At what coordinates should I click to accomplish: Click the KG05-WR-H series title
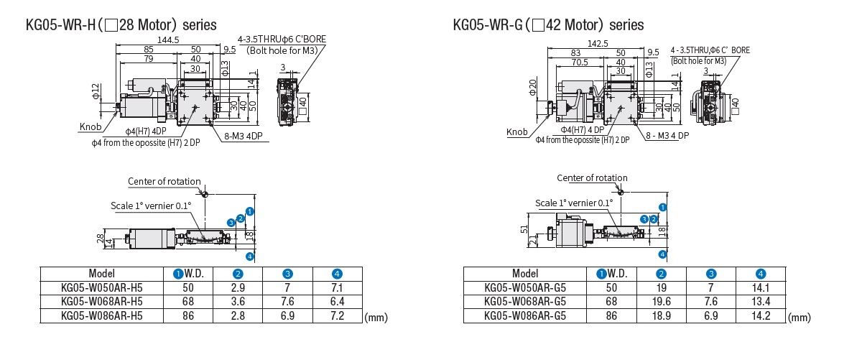121,25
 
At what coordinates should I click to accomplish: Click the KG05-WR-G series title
548,25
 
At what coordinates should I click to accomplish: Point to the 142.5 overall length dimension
595,43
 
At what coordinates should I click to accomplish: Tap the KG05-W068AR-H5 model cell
102,301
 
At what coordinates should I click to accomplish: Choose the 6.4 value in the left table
337,301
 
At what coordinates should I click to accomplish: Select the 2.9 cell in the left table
238,287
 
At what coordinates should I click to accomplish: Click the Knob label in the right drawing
516,132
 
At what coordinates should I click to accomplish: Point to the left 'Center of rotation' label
164,181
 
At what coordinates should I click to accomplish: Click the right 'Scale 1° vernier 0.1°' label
574,203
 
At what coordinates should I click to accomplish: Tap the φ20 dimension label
532,88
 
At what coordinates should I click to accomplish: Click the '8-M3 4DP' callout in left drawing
242,135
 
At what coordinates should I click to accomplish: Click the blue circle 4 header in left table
337,274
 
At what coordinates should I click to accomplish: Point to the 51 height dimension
524,229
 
